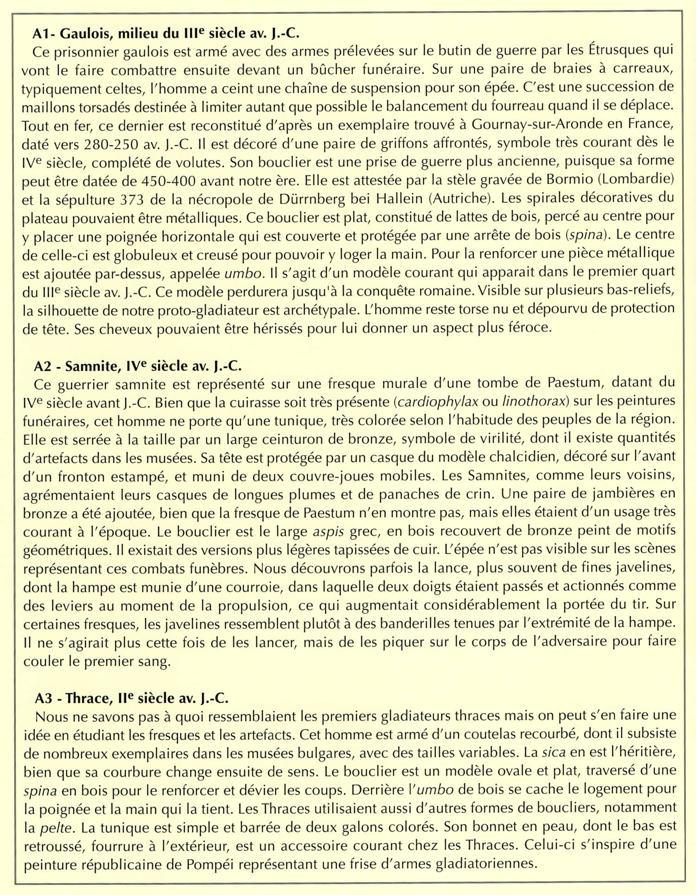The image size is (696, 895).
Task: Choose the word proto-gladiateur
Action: (206, 310)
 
